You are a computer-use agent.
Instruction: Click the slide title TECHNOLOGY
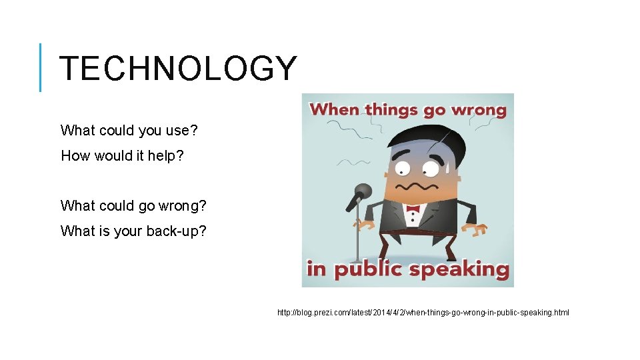177,68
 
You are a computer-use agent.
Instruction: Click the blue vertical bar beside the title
41,67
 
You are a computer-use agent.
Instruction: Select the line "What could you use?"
129,130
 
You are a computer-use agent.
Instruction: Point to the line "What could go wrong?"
133,206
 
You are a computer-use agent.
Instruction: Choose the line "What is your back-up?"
133,231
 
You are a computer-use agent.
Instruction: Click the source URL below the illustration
423,313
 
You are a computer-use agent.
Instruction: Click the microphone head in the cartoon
363,192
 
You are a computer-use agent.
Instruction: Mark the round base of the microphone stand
358,261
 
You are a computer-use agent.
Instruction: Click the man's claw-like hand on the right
478,230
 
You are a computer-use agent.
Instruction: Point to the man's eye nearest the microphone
402,166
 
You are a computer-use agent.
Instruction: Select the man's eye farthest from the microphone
431,166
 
